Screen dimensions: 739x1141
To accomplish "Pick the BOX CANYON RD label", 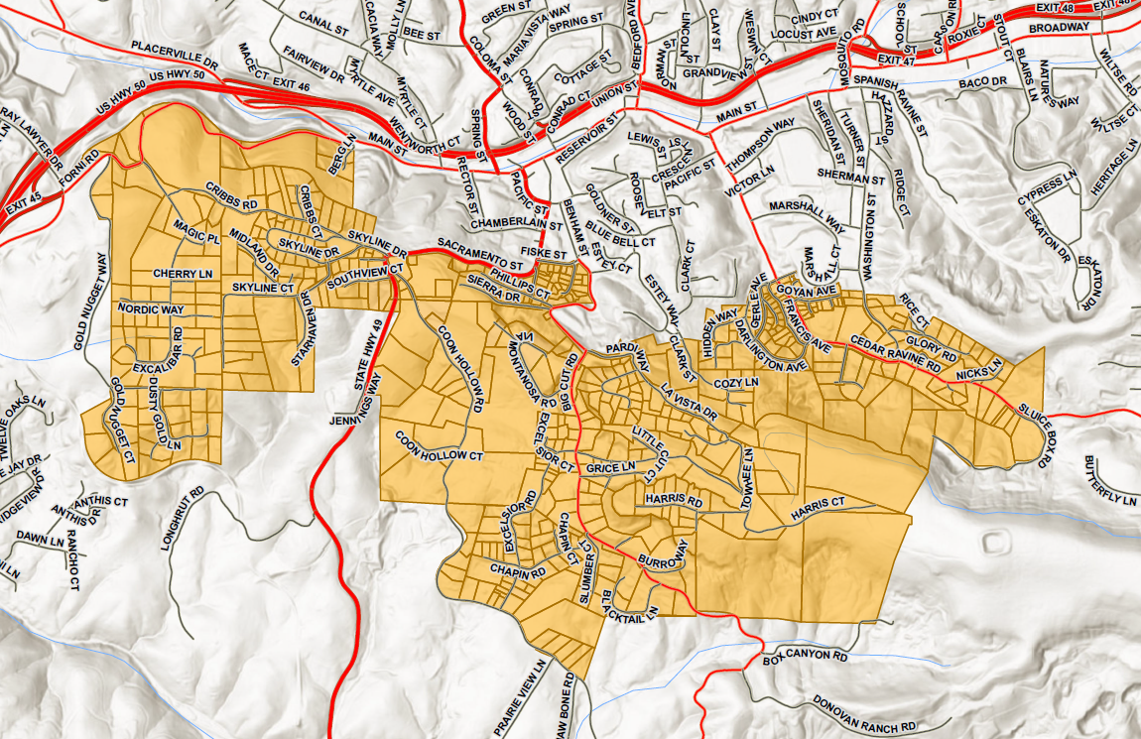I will tap(806, 657).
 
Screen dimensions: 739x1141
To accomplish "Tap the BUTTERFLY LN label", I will tap(1109, 481).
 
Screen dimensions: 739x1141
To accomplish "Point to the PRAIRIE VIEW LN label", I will tap(544, 695).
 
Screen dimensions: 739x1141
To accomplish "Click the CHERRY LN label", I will tap(183, 273).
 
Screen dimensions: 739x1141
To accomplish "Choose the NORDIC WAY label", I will tap(151, 309).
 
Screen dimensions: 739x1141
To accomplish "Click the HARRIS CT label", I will tap(818, 510).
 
